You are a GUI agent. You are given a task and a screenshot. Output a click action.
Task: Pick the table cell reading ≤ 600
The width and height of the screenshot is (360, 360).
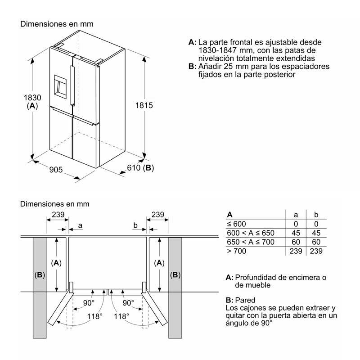coord(237,224)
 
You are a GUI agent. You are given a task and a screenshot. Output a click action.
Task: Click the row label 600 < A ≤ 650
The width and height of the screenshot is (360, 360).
coord(250,233)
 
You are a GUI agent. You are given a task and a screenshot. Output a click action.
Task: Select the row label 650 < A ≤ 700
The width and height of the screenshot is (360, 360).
coord(250,242)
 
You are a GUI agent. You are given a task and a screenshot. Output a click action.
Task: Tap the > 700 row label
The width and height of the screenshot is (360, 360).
coord(238,251)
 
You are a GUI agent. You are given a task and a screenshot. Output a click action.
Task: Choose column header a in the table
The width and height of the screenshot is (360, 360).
coord(296,215)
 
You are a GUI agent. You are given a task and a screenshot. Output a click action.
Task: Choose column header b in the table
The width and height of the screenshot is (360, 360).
coord(316,215)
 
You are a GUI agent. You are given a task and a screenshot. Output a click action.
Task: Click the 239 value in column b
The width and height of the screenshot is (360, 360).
coord(316,251)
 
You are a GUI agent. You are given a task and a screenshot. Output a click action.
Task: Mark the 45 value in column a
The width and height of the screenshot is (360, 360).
coord(296,233)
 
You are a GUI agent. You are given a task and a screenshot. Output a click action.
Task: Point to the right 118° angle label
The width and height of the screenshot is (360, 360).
coord(121,316)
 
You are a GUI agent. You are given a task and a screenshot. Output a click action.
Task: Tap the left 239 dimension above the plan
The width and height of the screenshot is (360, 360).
coord(57,215)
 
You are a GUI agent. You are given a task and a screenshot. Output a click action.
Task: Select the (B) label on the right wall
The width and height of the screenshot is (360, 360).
coord(175,274)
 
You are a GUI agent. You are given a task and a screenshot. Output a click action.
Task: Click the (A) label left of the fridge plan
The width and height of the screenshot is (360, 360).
coord(56,262)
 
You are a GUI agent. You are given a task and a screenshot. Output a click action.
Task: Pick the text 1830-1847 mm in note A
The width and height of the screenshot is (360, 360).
coord(225,50)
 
